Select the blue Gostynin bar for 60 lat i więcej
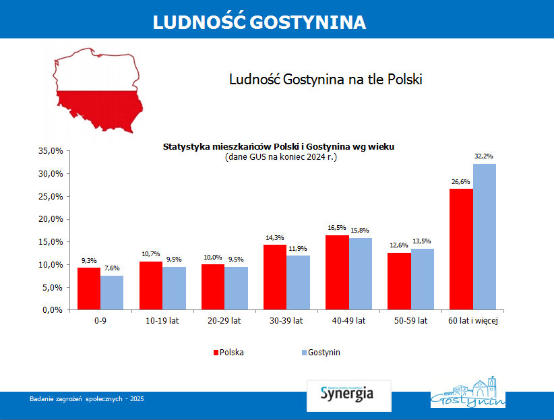[484, 237]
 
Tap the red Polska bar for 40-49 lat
[338, 272]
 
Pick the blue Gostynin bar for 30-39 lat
[298, 282]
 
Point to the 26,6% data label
[461, 182]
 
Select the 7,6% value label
[112, 268]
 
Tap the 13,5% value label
[423, 241]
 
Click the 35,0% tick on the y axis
[52, 151]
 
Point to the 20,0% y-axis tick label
[52, 219]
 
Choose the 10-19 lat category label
[162, 321]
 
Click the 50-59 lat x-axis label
[411, 321]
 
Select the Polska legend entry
[228, 352]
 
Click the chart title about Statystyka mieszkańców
[278, 146]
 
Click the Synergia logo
[348, 394]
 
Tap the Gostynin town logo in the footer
[468, 393]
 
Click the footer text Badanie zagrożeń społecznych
[87, 399]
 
